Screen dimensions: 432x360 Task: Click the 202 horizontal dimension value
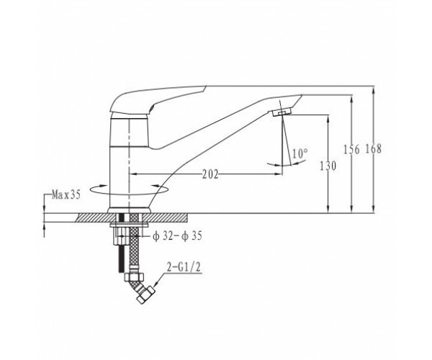coord(210,174)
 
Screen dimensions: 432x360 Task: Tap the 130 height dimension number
coord(328,166)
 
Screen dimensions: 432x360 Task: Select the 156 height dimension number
coord(351,150)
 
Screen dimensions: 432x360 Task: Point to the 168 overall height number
coord(373,149)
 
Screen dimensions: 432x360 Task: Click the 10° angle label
coord(300,153)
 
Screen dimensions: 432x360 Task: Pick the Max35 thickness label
coord(66,195)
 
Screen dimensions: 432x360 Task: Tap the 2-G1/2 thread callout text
coord(184,267)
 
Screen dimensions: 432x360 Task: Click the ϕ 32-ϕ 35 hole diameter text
coord(177,236)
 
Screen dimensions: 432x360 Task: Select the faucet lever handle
coord(158,102)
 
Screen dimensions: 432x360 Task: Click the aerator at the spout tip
coord(282,112)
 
